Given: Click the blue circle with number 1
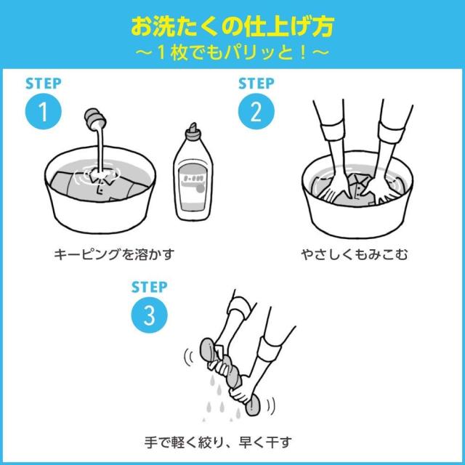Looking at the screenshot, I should pyautogui.click(x=42, y=113).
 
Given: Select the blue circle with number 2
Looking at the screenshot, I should pyautogui.click(x=256, y=113).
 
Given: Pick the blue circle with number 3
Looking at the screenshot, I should pyautogui.click(x=147, y=314).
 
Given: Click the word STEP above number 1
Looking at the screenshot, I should pyautogui.click(x=42, y=84).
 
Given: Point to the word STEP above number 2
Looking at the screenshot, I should pyautogui.click(x=256, y=84).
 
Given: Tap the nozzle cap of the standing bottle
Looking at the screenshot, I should pyautogui.click(x=193, y=131).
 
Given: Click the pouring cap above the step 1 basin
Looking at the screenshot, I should pyautogui.click(x=95, y=118).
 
